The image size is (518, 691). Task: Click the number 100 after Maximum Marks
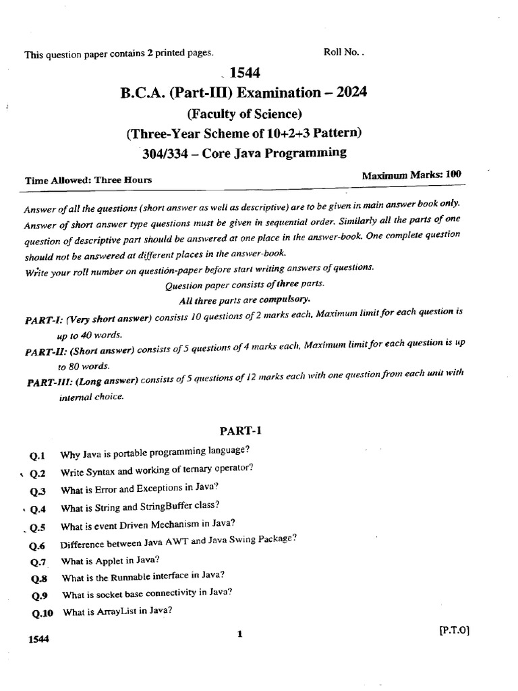tap(453, 174)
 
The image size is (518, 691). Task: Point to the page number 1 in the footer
tap(239, 634)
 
